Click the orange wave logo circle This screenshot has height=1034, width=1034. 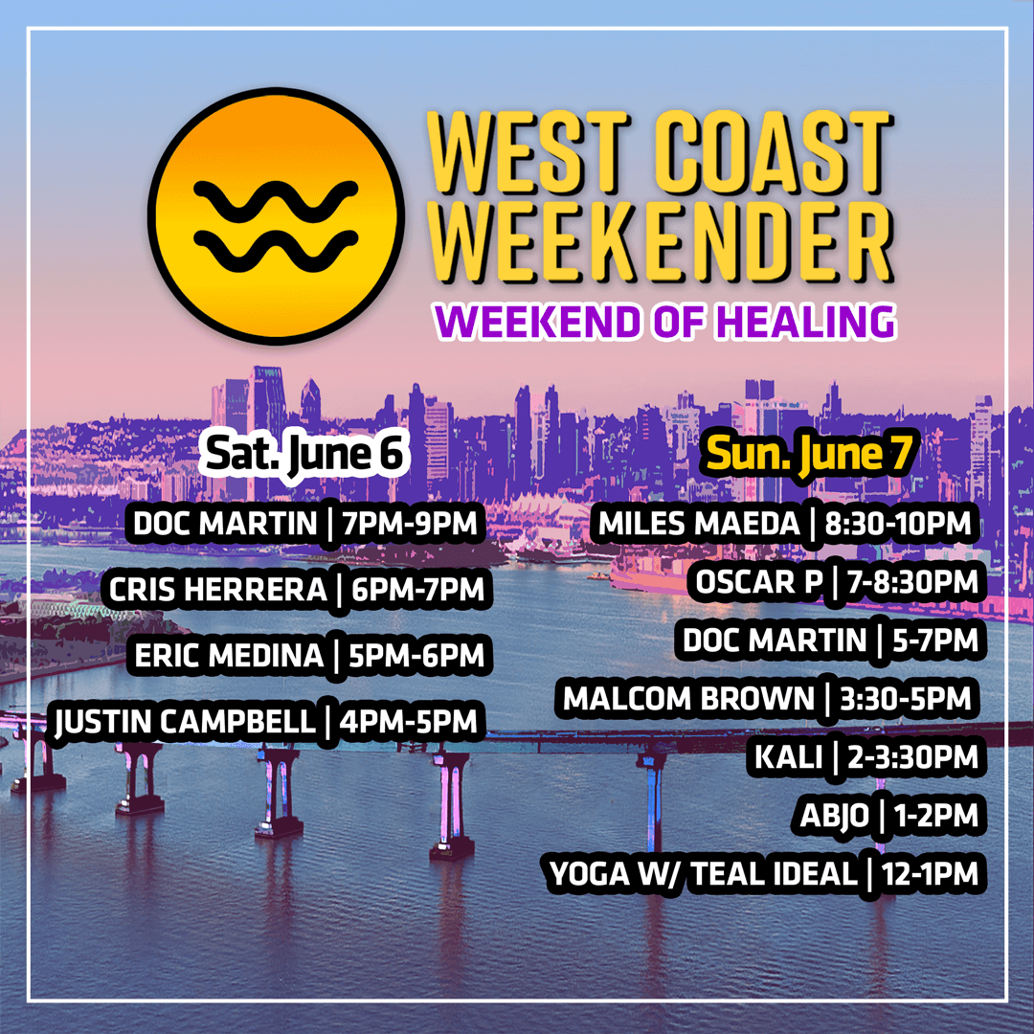click(277, 216)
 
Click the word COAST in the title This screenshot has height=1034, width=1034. click(773, 153)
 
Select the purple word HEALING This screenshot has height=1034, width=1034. click(806, 322)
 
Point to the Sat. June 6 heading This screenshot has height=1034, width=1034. click(303, 455)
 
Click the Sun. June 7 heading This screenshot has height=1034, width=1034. click(808, 454)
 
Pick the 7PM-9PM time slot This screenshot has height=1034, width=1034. click(410, 525)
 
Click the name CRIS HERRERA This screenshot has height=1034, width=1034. click(217, 590)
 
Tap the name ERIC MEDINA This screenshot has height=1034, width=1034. click(230, 656)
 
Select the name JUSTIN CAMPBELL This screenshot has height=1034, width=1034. click(186, 722)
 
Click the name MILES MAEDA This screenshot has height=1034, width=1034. click(699, 525)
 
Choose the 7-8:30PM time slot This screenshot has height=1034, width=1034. click(912, 582)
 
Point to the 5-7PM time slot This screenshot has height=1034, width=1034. click(935, 641)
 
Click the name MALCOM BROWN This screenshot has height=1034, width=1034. click(689, 698)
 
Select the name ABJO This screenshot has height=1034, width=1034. click(834, 816)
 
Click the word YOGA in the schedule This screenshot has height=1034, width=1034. click(590, 874)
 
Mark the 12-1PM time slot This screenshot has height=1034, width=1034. click(930, 874)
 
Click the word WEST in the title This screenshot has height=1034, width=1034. click(530, 153)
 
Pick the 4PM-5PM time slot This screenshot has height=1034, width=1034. click(408, 722)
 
